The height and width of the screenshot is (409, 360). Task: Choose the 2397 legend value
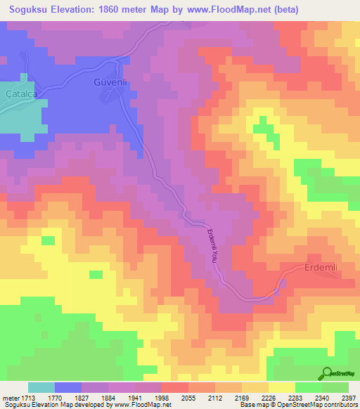(x=349, y=398)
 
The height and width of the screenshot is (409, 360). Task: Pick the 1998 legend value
(x=162, y=398)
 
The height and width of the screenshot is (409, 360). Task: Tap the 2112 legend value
(x=216, y=398)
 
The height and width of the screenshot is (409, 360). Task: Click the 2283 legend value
(x=296, y=398)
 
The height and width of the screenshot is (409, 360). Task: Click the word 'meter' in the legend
(x=11, y=398)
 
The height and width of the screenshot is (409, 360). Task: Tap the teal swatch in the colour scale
(x=41, y=387)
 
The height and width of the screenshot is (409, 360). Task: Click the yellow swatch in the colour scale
(x=281, y=387)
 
